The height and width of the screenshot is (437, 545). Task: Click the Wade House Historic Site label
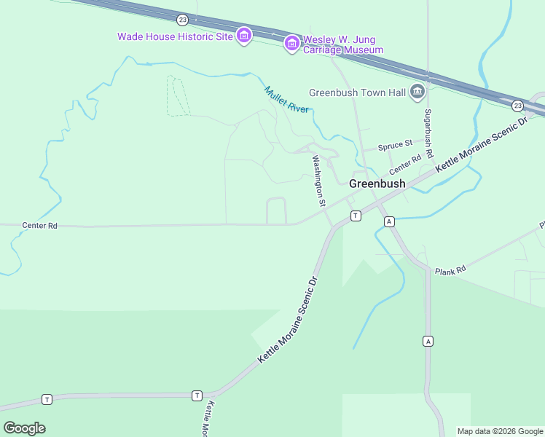point(175,36)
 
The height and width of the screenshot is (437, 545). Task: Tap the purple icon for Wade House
point(244,35)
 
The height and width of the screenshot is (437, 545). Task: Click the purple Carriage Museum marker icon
point(291,44)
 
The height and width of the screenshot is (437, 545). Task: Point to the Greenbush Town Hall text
point(357,92)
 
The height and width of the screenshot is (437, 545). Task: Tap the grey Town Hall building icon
point(417,92)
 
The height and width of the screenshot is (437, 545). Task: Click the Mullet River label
point(286,99)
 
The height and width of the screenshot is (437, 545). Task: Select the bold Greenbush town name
point(377,184)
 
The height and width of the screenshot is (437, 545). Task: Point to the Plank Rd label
point(450,271)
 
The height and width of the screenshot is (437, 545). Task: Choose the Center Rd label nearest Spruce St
point(405,165)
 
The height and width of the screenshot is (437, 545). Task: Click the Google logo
point(24,428)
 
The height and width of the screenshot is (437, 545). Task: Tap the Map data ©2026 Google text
point(501,431)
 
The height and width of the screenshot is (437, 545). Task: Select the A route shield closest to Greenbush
point(390,221)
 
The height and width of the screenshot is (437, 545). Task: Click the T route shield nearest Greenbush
point(356,216)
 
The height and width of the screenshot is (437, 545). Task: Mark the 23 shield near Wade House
point(182,19)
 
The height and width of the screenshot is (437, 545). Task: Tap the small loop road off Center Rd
point(276,210)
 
